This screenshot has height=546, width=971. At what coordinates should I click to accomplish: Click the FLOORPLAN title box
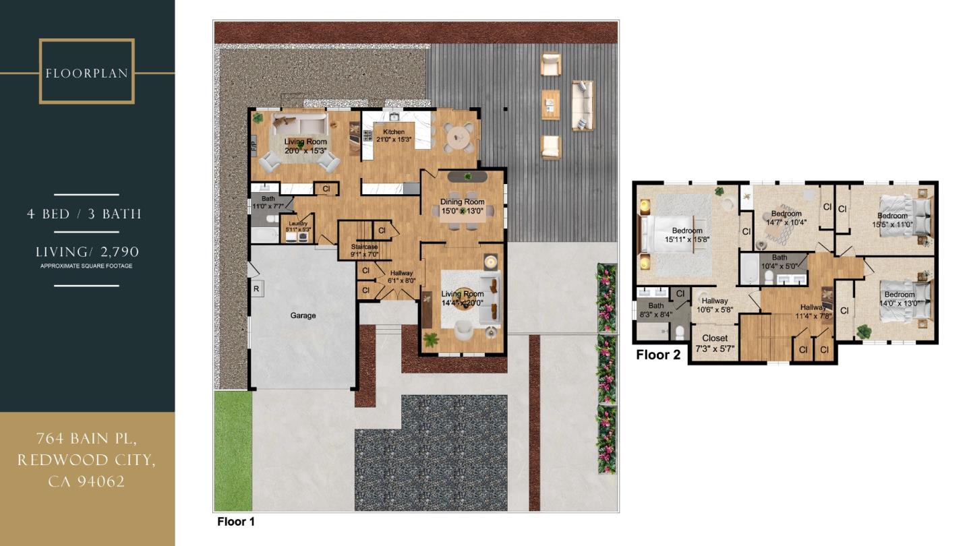click(87, 72)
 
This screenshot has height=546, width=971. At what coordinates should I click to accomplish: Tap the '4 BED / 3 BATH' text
click(84, 214)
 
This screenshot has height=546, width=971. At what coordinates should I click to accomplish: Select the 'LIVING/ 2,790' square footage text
click(87, 252)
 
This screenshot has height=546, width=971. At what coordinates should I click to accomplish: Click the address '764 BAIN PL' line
click(87, 439)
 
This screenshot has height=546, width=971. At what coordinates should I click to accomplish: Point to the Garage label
click(303, 315)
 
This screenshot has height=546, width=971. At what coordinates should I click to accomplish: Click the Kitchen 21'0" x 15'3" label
click(394, 135)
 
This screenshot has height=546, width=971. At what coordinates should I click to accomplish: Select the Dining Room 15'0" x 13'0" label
click(463, 206)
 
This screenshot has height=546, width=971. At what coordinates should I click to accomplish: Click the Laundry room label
click(297, 226)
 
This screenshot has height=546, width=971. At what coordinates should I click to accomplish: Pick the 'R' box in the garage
click(257, 289)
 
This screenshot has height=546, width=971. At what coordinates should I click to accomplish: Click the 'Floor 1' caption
click(236, 522)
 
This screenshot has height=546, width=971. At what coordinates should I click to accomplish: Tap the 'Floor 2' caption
click(658, 355)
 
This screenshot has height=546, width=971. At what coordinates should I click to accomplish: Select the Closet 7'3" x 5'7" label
click(714, 343)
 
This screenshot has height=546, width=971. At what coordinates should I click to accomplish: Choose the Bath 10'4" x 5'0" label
click(779, 262)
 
